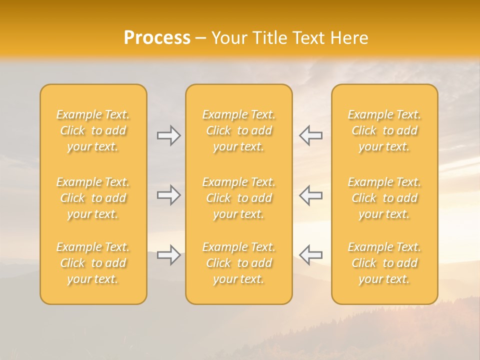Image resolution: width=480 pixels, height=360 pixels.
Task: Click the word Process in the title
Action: (157, 38)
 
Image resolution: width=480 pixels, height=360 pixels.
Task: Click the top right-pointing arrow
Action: (168, 135)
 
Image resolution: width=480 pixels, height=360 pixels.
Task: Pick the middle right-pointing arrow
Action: (168, 195)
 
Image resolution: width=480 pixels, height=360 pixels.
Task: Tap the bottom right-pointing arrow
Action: (168, 255)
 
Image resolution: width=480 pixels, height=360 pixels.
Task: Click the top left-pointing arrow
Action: (311, 135)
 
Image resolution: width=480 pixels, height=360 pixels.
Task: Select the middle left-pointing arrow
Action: (311, 195)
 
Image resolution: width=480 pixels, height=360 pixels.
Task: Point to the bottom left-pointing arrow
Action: (311, 255)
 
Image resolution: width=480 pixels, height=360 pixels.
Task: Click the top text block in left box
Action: (93, 130)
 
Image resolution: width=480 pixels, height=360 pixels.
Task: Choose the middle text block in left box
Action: (93, 198)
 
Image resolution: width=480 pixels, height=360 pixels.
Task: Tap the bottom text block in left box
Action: (93, 263)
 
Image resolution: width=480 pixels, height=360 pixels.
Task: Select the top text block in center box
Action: (239, 130)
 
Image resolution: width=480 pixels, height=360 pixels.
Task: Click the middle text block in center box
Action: (239, 198)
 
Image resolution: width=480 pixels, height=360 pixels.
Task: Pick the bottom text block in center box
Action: (239, 263)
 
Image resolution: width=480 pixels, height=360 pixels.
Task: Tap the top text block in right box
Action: (384, 130)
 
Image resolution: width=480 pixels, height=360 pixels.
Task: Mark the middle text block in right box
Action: (384, 198)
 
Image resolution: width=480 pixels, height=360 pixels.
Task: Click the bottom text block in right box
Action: (384, 263)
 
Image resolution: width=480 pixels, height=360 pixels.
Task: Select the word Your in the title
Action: (228, 38)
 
